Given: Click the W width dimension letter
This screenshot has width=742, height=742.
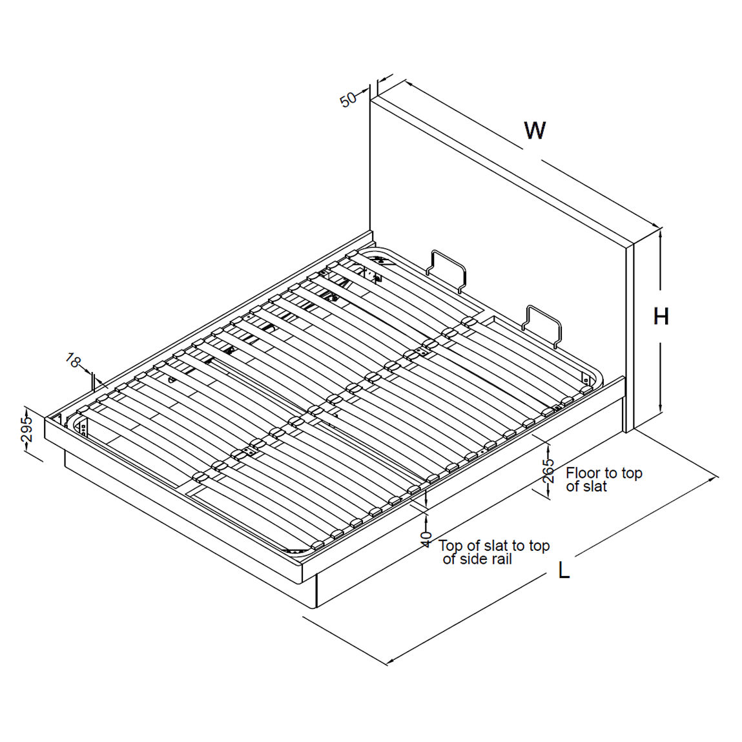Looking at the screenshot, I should pos(535,130).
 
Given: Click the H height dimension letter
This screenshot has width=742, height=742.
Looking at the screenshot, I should pos(661,316).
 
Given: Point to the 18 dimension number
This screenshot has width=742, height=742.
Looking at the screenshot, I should pos(73,361).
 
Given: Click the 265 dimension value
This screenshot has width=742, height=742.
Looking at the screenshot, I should pos(548,471).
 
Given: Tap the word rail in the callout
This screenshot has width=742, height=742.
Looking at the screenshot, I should pos(499,559).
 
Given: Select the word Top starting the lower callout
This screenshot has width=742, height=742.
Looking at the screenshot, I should pos(451,546).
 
